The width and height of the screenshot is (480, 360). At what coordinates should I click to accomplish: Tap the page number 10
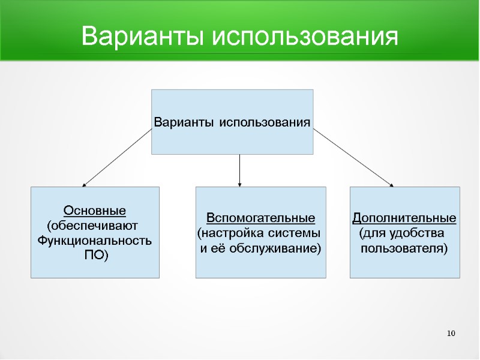(452, 334)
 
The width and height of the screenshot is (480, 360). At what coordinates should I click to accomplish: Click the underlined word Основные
(95, 211)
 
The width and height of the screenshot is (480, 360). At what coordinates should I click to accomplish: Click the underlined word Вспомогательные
(260, 217)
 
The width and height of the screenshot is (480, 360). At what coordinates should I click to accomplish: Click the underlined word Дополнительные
(404, 217)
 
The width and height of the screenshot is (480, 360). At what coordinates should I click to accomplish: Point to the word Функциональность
(95, 241)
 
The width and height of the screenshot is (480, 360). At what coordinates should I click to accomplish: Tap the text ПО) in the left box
(95, 255)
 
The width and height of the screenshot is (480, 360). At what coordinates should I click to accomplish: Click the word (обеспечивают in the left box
(92, 226)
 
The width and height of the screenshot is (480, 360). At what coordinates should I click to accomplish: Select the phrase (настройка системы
(259, 232)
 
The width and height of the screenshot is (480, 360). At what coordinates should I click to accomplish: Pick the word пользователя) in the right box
(404, 247)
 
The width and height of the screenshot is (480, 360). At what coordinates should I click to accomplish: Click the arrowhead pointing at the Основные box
(85, 184)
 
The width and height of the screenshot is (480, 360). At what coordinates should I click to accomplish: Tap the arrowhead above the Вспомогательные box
(240, 183)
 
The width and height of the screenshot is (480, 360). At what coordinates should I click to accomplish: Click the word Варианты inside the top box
(184, 122)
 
